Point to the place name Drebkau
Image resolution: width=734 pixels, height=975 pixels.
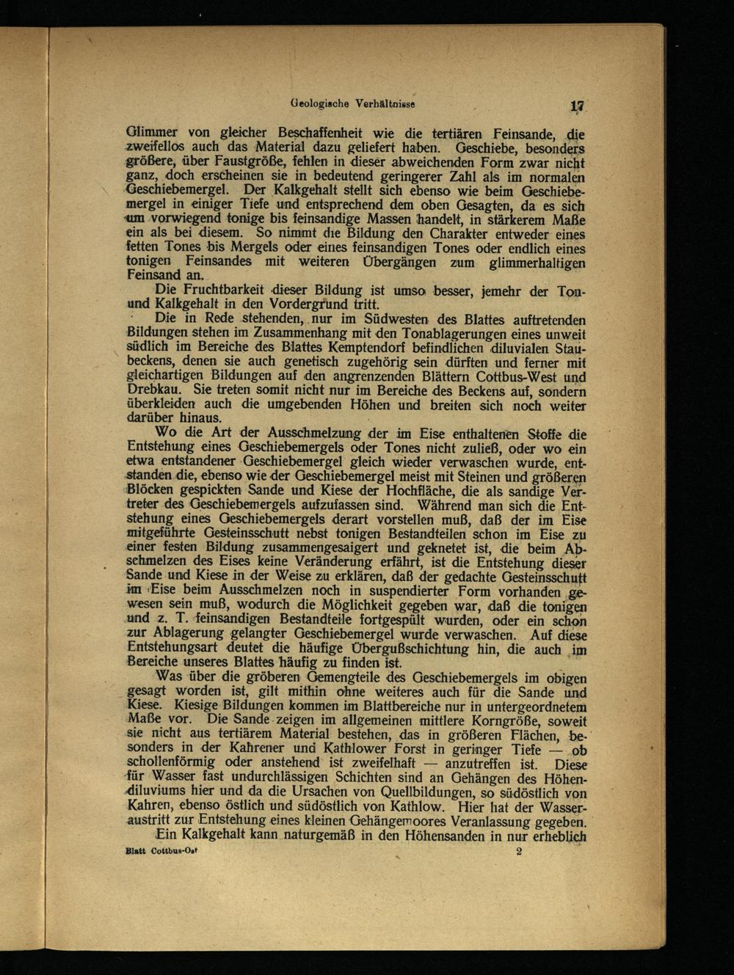153,390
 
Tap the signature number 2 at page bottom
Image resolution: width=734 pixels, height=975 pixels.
518,852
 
